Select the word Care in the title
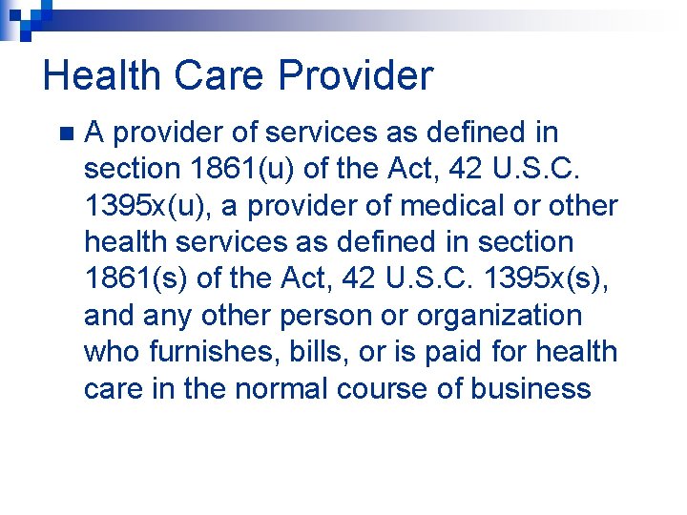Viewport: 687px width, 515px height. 212,75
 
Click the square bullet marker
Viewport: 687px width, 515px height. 64,133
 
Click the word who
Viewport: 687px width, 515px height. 113,352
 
